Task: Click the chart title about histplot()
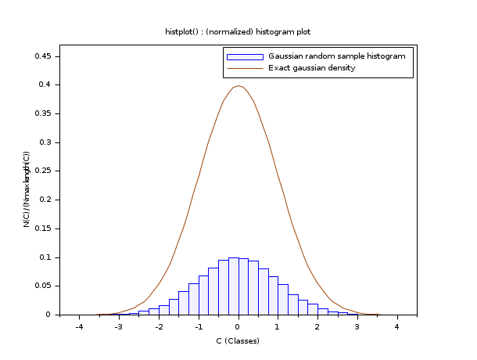238,31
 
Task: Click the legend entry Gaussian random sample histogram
336,56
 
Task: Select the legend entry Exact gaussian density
311,68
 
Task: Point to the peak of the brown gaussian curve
238,86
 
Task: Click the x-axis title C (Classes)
238,340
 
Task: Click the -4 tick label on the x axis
79,327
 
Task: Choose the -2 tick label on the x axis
158,327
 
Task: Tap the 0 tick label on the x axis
238,327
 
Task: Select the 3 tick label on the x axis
357,327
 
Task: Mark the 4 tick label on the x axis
396,327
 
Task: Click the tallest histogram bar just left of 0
233,286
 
